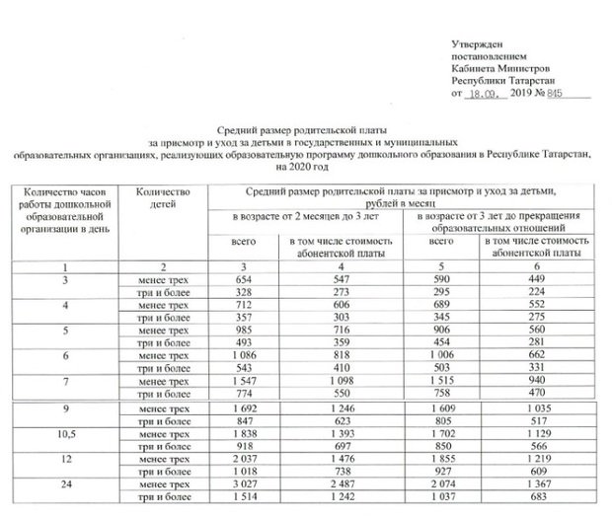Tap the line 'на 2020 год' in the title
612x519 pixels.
point(306,166)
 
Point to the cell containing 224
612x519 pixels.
point(535,293)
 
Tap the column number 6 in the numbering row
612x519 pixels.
point(535,266)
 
